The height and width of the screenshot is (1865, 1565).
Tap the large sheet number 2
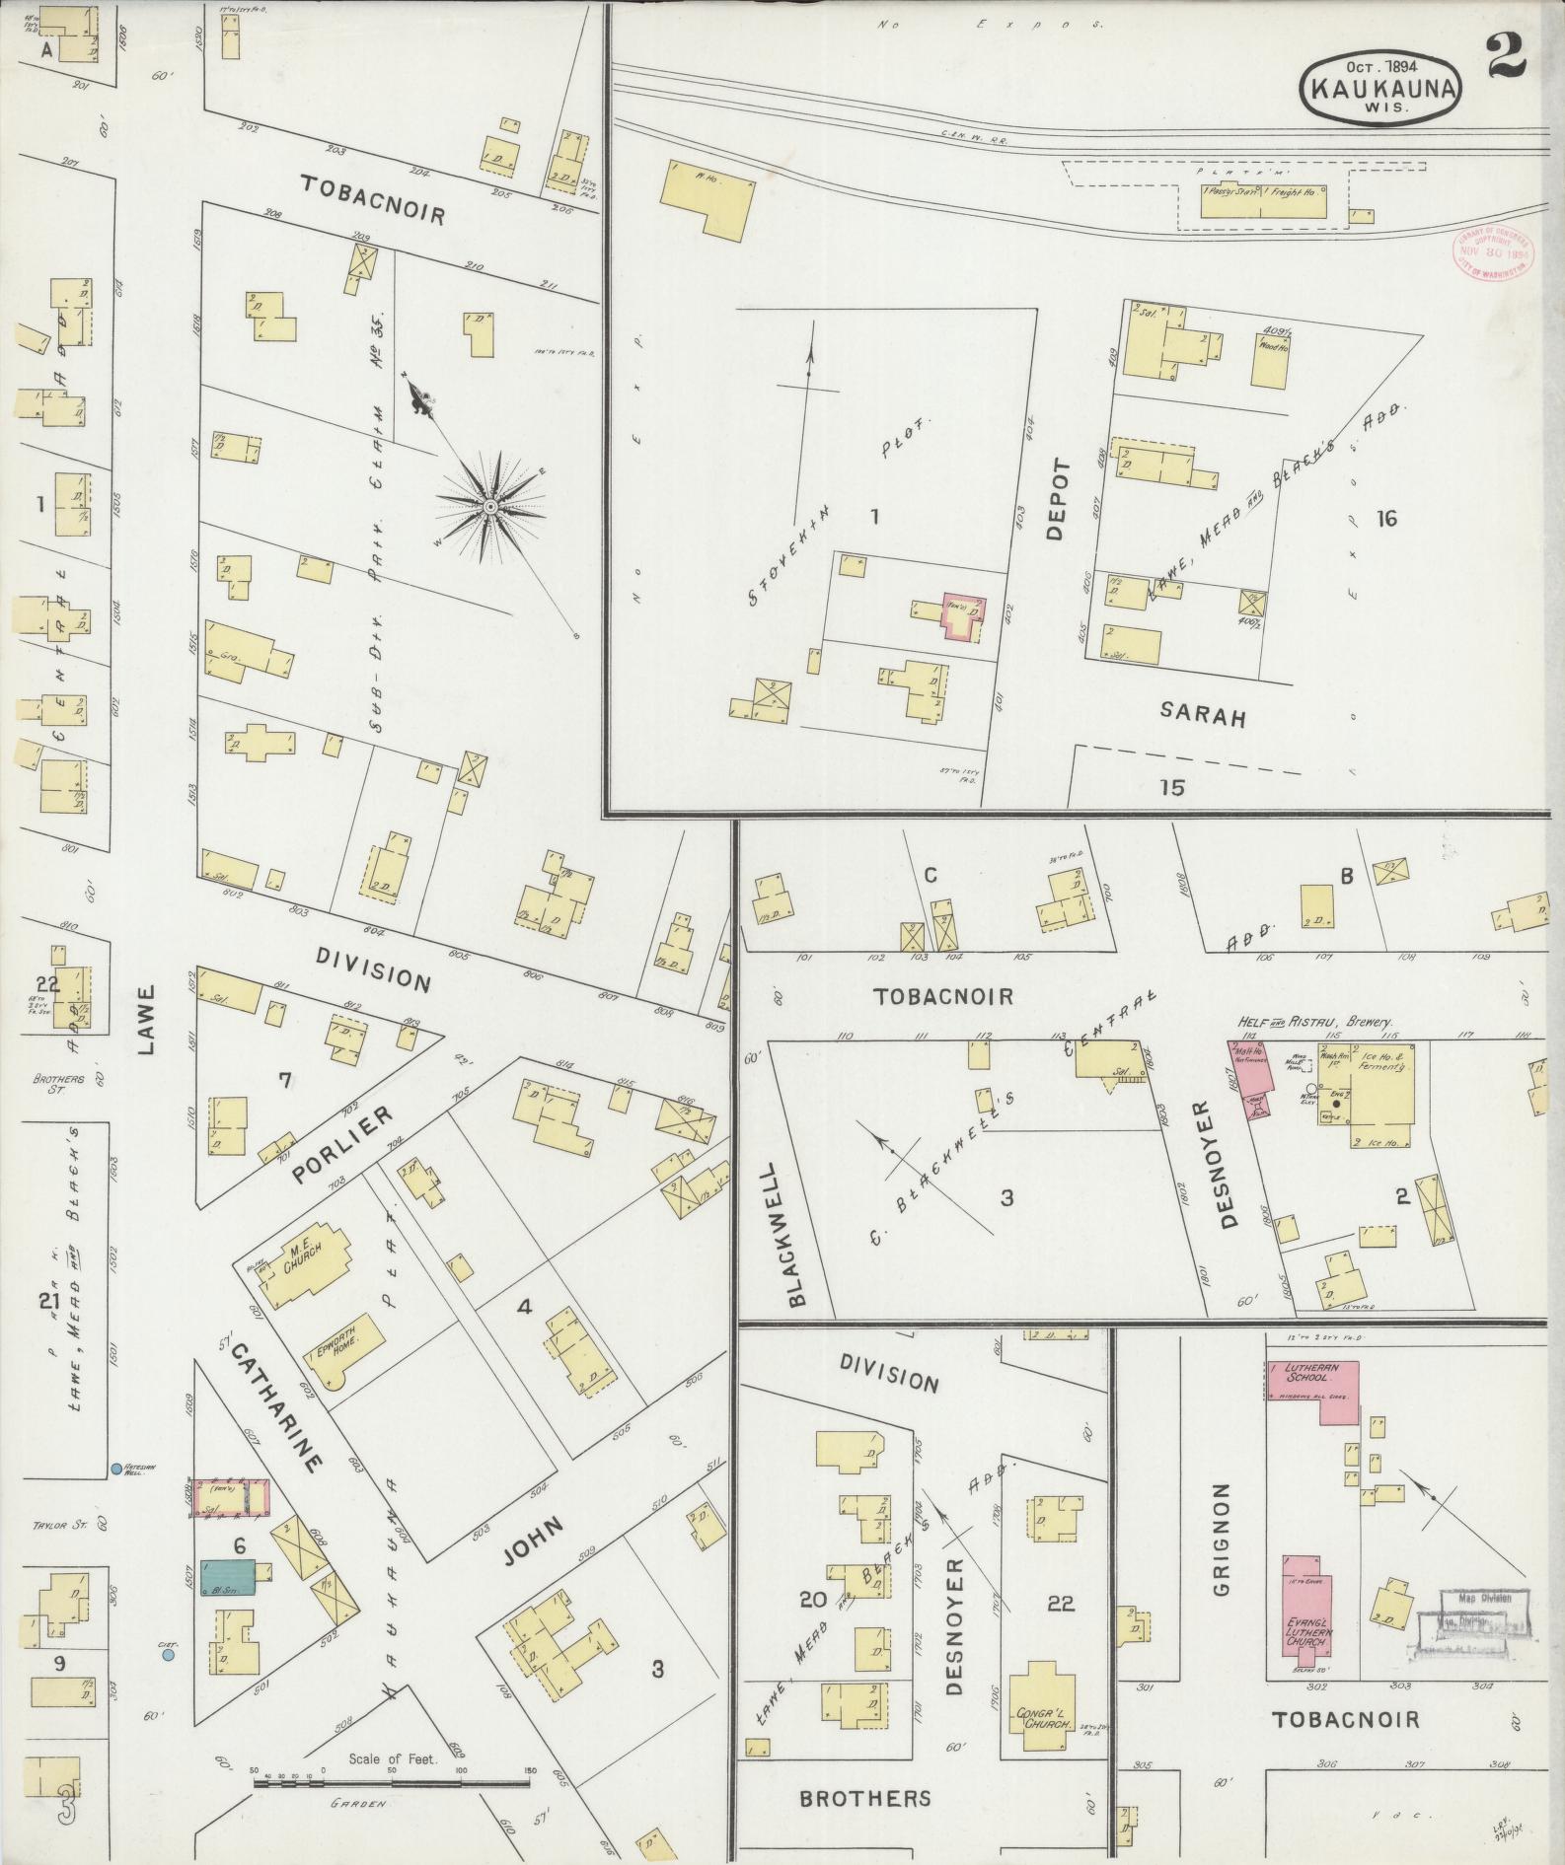[x=1506, y=59]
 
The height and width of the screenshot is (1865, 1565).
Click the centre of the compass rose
[x=489, y=507]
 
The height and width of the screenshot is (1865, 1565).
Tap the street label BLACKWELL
[x=797, y=1233]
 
